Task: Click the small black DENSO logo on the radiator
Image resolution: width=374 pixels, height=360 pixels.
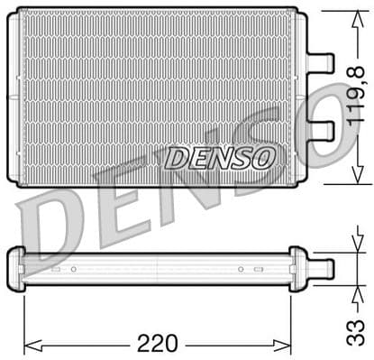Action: pos(219,159)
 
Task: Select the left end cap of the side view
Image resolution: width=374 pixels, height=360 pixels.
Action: pos(14,269)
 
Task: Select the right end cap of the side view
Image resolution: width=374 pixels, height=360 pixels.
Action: pos(297,268)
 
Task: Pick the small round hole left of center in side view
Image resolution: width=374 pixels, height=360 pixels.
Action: pos(74,269)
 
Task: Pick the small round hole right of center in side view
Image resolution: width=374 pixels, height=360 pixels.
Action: pos(240,269)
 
